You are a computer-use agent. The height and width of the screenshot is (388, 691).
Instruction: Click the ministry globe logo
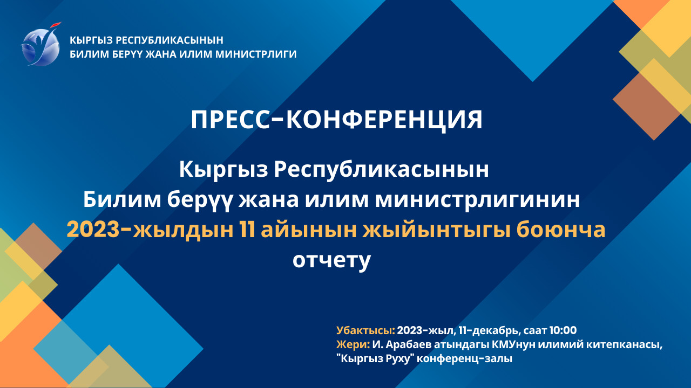[40, 44]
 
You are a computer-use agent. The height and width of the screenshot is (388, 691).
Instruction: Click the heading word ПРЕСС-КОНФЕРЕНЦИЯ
[336, 120]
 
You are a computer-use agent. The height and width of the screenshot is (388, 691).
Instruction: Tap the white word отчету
[331, 260]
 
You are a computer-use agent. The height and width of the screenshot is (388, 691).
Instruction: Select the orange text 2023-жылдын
[150, 230]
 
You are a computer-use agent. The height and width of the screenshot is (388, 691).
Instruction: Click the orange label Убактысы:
[365, 330]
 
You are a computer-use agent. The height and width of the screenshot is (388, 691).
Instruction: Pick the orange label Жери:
[353, 344]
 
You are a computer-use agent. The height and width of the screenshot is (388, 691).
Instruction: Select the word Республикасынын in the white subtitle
[381, 170]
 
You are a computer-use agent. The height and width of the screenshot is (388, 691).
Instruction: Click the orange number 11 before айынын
[247, 230]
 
